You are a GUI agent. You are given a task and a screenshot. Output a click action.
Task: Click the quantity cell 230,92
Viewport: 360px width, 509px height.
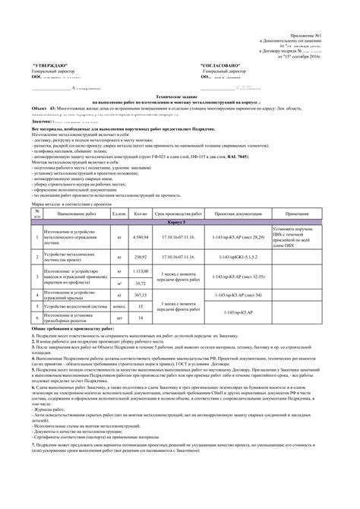(x=139, y=258)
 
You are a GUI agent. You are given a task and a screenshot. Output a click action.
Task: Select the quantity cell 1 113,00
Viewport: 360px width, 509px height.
(x=139, y=271)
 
